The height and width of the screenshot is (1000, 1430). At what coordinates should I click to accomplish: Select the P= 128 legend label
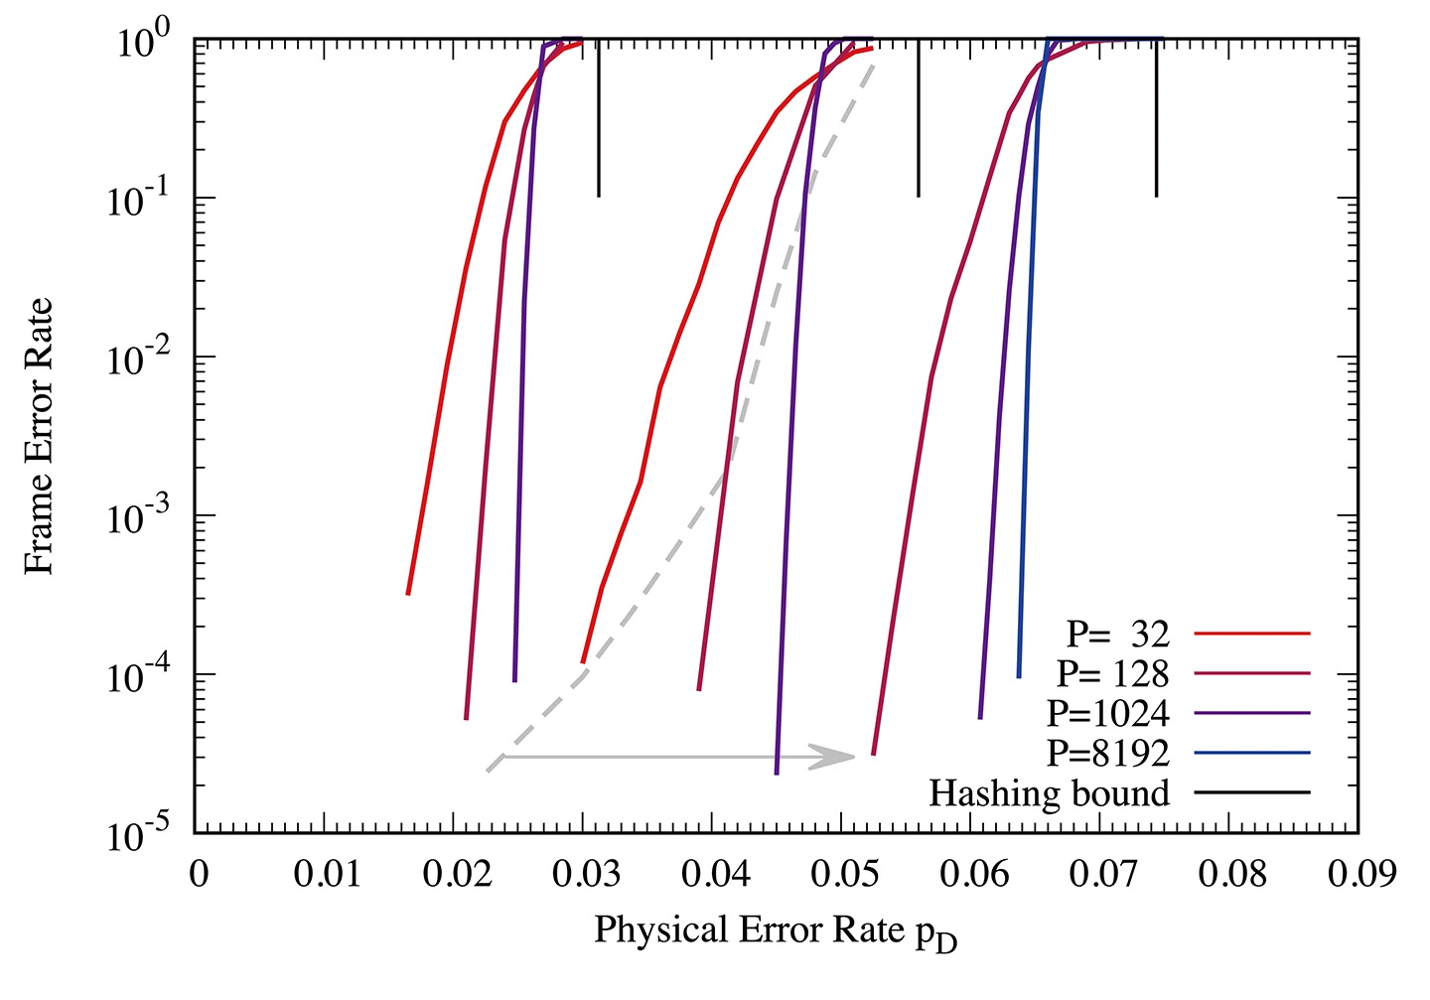coord(1112,673)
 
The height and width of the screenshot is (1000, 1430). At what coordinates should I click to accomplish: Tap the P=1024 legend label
coord(1107,713)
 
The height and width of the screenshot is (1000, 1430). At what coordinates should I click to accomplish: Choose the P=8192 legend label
coord(1107,753)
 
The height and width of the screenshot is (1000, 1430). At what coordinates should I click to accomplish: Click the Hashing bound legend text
coord(1049,792)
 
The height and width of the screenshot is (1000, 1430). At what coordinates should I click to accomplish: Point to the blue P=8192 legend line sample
coord(1253,753)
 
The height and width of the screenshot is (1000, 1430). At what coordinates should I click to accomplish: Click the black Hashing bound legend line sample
coord(1253,792)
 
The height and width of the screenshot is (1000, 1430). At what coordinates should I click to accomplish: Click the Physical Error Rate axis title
coord(775,931)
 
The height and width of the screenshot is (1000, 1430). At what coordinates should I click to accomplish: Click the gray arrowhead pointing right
coord(840,757)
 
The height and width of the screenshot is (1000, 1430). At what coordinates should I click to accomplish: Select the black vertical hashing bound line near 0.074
coord(1156,119)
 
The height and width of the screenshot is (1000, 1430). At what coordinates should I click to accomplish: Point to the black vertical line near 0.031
coord(598,119)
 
